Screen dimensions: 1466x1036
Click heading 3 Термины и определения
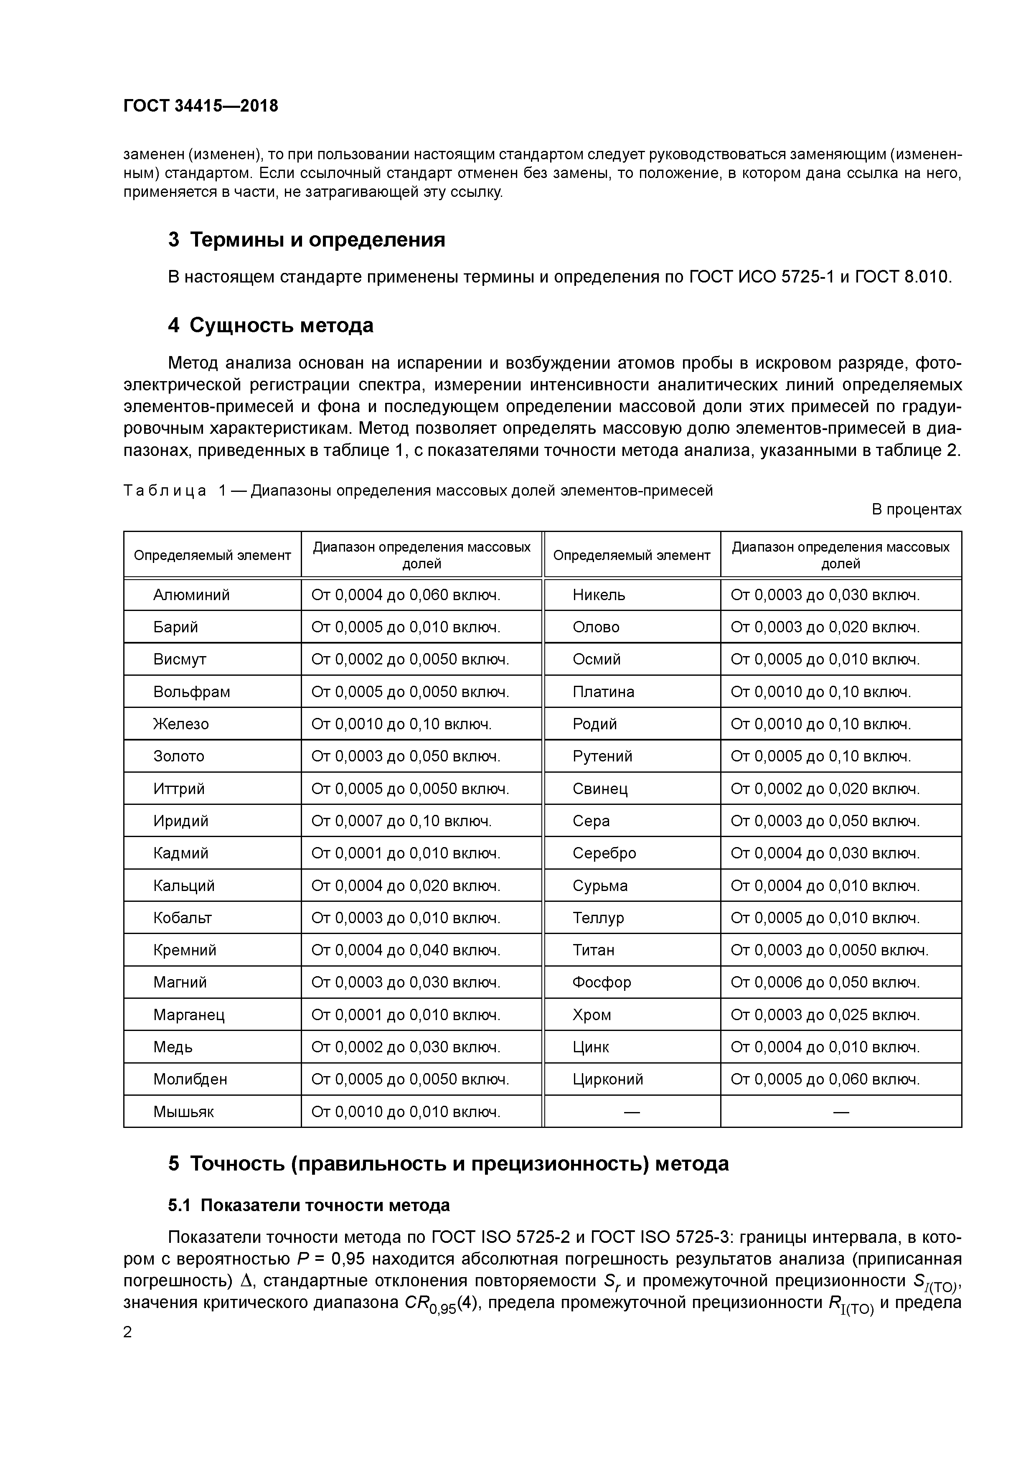(306, 239)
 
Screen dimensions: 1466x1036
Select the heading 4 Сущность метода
(271, 325)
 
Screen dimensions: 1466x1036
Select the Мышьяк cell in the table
(183, 1112)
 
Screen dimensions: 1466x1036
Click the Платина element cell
(603, 692)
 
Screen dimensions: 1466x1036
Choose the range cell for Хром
(825, 1015)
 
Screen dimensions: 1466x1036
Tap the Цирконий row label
(608, 1079)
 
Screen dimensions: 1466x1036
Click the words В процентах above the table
(916, 509)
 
